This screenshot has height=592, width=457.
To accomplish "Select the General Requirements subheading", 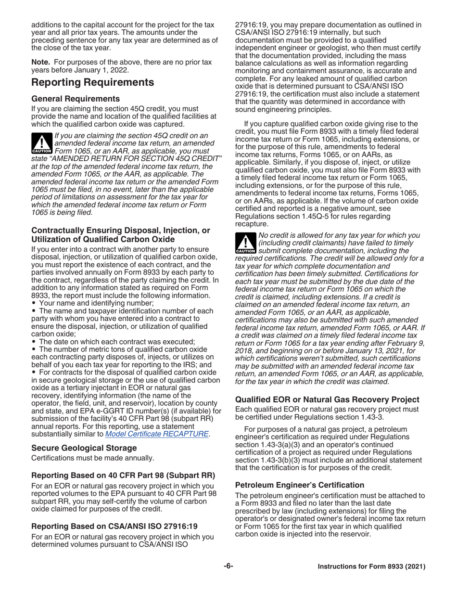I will click(x=76, y=99).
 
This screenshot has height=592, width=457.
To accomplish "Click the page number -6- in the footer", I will click(x=228, y=566).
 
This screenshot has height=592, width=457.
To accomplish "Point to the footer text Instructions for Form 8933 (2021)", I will click(x=371, y=566).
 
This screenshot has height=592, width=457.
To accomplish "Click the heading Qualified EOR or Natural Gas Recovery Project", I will click(x=327, y=399).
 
